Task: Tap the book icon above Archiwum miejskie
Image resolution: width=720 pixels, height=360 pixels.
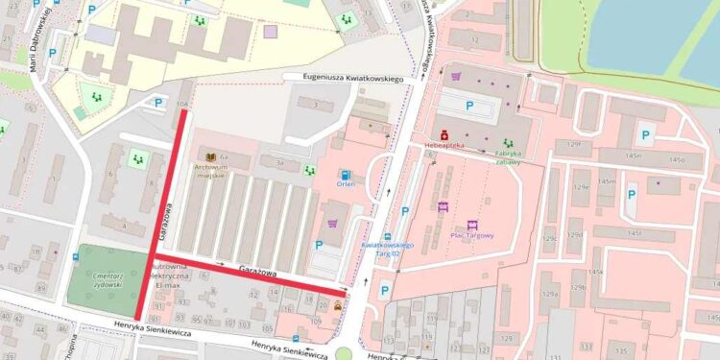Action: point(210,155)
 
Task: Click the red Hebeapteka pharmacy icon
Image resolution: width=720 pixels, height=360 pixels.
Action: point(444,134)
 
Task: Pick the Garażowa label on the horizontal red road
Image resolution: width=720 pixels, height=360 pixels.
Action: point(258,272)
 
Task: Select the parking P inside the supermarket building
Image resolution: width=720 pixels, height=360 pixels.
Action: point(469,106)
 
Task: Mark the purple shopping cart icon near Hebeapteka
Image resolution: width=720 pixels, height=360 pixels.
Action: point(456,76)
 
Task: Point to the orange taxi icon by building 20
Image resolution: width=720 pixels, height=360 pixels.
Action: point(337,306)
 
